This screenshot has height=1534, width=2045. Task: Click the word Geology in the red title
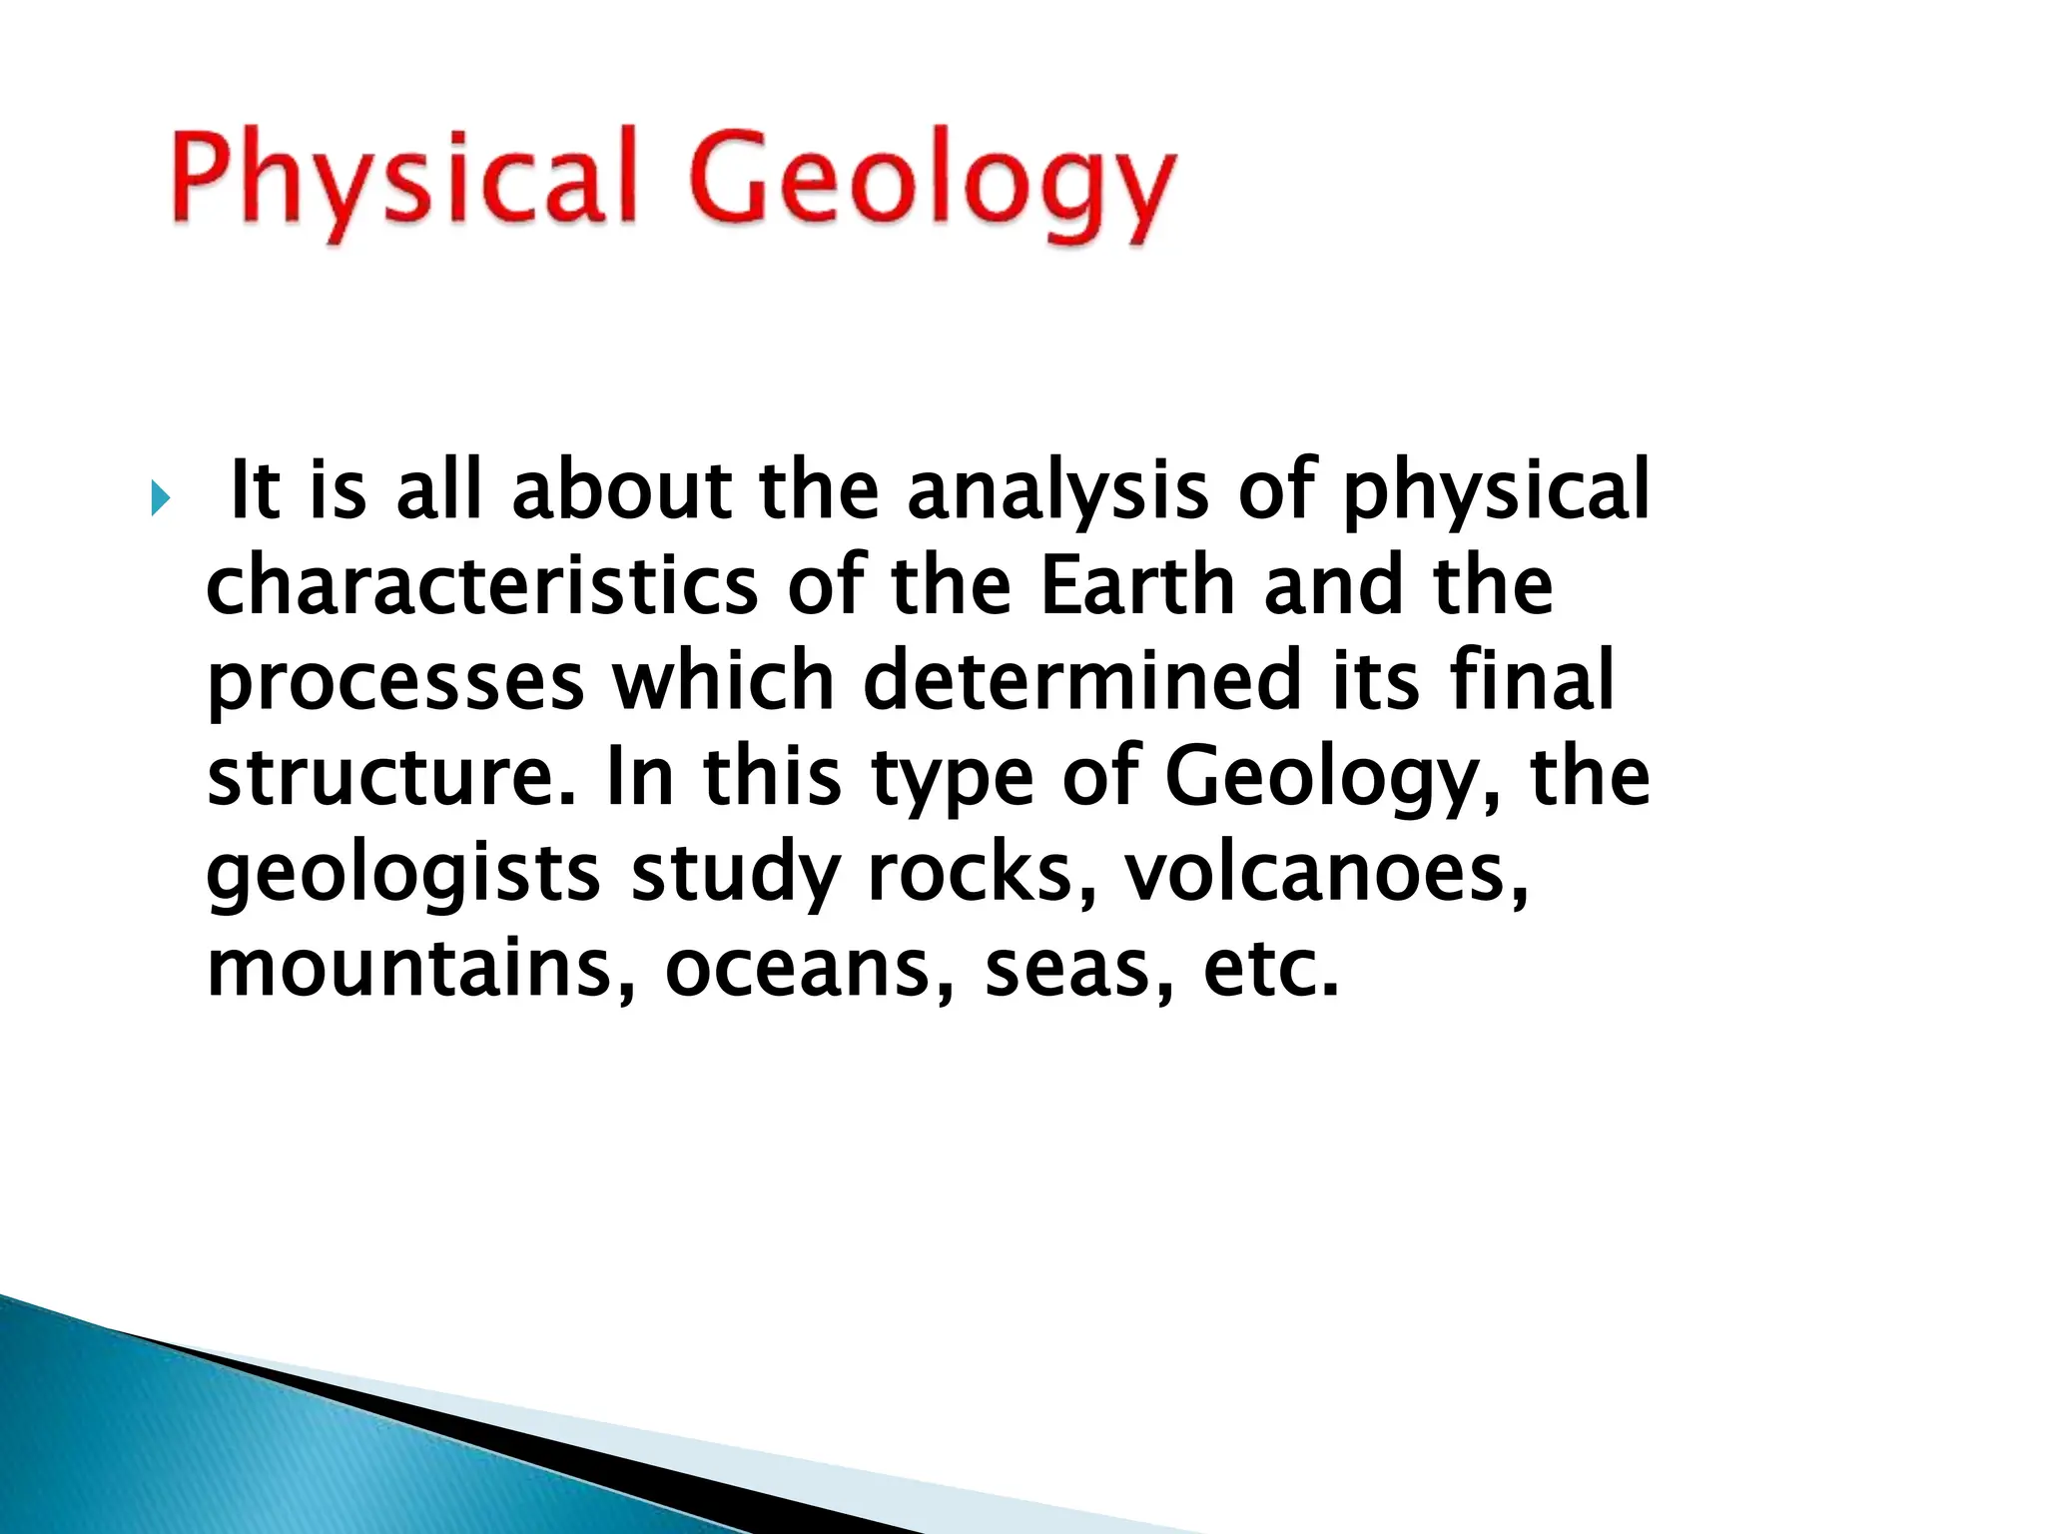[x=929, y=185]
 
